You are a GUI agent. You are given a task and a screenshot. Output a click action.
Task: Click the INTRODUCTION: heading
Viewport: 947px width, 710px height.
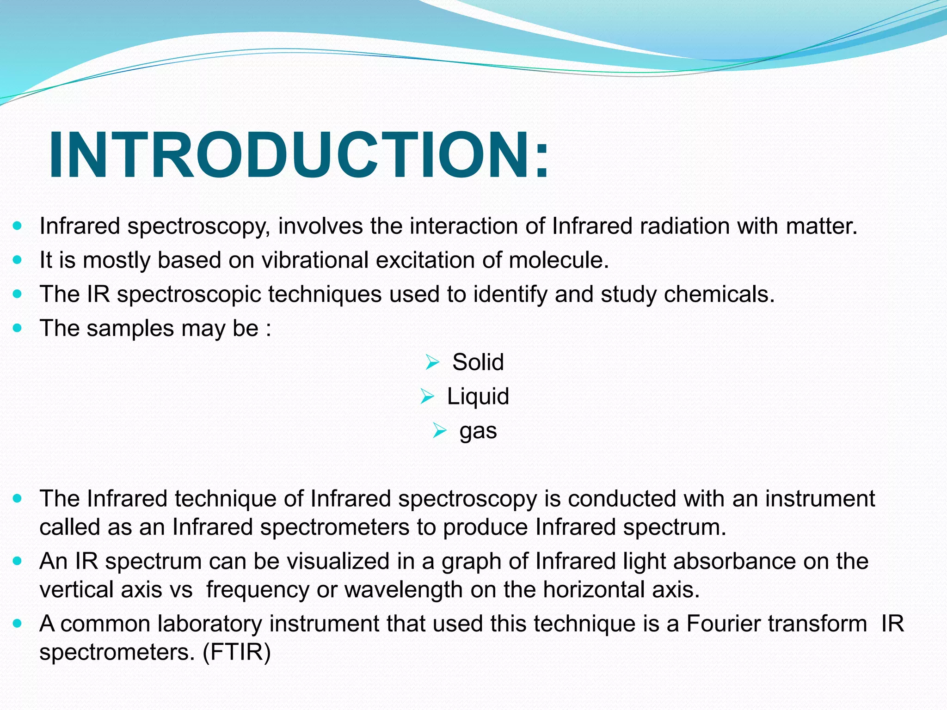click(300, 155)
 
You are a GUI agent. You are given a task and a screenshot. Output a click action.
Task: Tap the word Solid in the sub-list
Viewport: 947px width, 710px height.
click(478, 362)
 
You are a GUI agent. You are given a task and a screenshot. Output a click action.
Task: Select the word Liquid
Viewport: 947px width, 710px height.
click(478, 397)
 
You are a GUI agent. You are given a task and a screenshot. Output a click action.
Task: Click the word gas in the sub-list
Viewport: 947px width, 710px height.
click(478, 431)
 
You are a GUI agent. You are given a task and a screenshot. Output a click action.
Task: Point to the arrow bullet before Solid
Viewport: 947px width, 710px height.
click(432, 362)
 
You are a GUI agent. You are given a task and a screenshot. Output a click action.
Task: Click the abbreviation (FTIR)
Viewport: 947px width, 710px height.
click(237, 652)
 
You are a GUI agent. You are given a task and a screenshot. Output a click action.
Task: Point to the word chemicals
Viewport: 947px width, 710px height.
click(719, 294)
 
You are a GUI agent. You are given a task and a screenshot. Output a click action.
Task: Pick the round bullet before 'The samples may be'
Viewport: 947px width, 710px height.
click(18, 328)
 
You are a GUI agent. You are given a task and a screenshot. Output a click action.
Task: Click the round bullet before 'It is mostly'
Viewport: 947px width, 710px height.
click(18, 260)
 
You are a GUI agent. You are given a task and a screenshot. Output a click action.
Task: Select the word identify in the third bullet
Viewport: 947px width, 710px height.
click(510, 295)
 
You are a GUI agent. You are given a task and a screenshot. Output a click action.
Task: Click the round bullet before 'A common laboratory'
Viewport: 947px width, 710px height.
click(18, 624)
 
